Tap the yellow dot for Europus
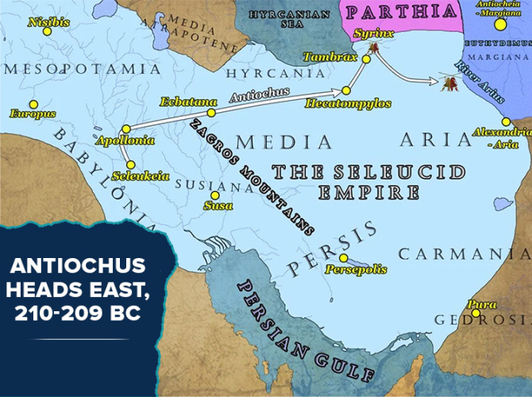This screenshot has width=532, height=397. [33, 104]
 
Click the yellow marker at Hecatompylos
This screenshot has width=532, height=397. [346, 91]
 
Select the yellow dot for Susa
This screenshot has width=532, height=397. [214, 195]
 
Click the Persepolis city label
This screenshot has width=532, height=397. [354, 270]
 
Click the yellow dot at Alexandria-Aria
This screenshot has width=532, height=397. [506, 121]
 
